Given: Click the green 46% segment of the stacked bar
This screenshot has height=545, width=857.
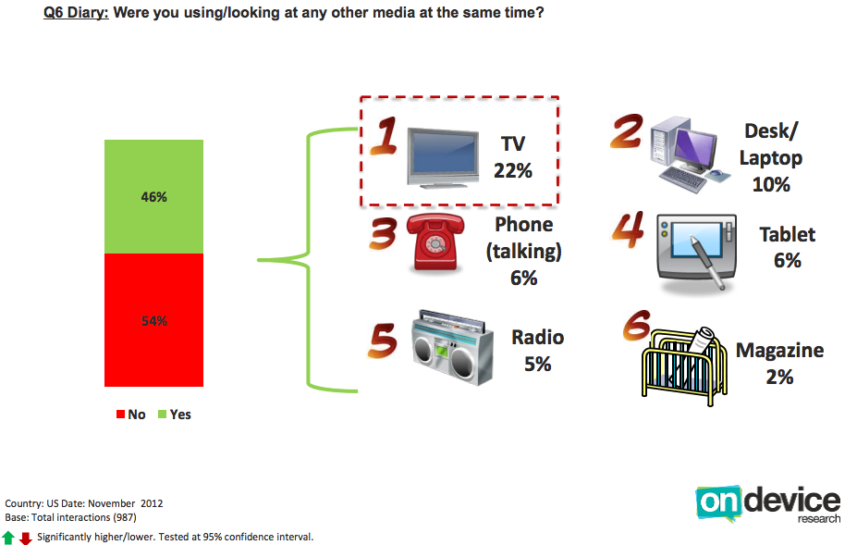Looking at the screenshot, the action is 153,196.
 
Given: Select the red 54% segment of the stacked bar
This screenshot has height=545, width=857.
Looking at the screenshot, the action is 153,320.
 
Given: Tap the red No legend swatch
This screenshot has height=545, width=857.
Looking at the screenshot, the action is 120,415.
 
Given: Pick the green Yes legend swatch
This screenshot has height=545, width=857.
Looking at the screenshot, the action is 162,415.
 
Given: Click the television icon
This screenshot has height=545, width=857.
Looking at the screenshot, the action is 443,158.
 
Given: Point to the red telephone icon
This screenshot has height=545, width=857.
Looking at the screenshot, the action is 435,242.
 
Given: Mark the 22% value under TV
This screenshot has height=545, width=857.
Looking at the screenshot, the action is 513,171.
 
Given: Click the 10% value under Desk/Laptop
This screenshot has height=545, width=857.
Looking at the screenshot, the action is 771,184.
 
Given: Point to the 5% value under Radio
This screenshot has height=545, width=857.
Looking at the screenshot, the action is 538,364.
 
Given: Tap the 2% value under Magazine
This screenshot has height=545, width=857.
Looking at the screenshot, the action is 779,377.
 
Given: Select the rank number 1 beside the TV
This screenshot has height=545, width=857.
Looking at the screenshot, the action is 385,135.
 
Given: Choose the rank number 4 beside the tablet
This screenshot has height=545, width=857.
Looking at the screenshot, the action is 628,229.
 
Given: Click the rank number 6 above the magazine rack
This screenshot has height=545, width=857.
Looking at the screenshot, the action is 637,325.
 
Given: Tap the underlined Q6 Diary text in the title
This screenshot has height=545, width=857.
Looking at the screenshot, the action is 76,12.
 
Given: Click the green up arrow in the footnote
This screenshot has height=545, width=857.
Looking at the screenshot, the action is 8,538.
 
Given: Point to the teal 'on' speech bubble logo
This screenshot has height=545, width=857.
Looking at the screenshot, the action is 718,502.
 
